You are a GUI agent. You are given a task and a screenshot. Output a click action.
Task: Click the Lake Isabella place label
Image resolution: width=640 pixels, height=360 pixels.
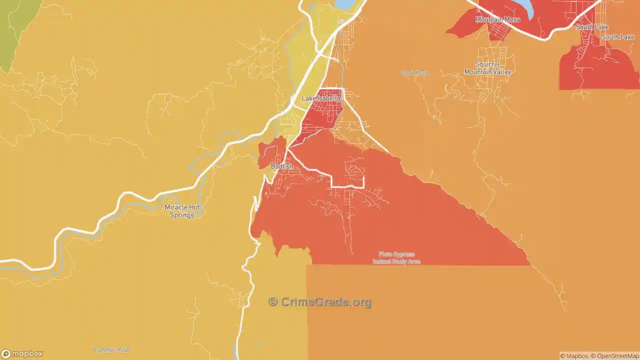point(321,98)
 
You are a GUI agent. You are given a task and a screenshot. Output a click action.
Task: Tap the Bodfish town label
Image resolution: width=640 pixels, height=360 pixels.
point(281,166)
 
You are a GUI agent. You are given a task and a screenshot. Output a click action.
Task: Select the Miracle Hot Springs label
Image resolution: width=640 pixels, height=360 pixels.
point(182,211)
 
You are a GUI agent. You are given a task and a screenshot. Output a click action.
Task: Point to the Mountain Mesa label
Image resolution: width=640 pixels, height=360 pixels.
point(497,19)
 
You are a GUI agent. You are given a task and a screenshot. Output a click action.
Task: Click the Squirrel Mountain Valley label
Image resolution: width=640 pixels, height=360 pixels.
point(487,68)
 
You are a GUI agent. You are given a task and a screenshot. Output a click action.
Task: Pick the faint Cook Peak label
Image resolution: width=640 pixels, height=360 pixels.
point(414,73)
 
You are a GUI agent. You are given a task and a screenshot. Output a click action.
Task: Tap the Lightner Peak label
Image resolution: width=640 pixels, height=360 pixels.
point(112,350)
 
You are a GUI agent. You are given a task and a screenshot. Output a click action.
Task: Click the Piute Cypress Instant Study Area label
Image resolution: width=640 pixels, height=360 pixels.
point(396,257)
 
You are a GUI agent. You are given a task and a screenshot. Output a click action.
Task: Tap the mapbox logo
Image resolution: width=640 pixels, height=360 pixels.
point(22,354)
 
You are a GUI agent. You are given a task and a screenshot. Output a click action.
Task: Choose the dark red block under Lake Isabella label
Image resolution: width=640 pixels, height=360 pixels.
point(322,112)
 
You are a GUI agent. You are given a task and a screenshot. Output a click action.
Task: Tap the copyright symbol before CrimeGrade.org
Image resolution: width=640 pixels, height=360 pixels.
point(273,302)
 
